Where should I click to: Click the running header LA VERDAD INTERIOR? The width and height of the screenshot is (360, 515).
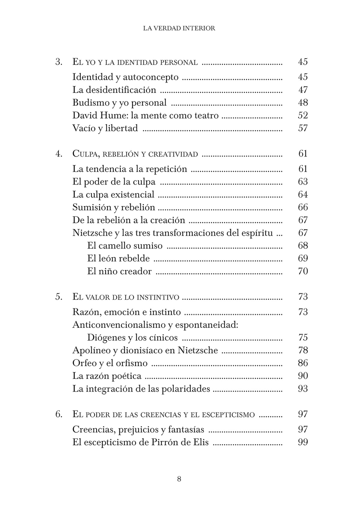tap(179, 28)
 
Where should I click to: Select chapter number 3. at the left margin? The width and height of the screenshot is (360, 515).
tap(59, 62)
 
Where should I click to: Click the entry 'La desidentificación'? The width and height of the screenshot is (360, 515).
tap(114, 90)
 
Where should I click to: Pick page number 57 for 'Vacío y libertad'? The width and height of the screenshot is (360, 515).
tap(303, 128)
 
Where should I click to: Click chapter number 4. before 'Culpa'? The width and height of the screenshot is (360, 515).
tap(59, 154)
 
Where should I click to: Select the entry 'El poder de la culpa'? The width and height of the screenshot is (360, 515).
tap(114, 182)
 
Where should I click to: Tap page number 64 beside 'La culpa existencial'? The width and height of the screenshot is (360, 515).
tap(303, 195)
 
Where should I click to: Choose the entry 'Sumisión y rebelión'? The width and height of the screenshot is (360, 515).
tap(114, 207)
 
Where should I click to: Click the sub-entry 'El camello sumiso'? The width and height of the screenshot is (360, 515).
tap(125, 246)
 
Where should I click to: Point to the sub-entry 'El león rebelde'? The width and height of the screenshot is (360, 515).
tap(118, 258)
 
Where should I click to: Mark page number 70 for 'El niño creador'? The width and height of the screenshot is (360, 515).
tap(303, 271)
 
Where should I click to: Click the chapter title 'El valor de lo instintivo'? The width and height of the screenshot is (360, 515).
tap(126, 297)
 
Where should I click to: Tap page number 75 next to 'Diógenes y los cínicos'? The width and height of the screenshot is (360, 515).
tap(303, 338)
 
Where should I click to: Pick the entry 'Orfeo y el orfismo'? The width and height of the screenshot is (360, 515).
tap(110, 363)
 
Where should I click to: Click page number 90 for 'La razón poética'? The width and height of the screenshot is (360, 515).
tap(303, 376)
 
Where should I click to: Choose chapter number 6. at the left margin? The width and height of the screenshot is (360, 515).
tap(59, 414)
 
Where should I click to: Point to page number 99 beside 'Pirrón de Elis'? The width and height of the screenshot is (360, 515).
tap(303, 442)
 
